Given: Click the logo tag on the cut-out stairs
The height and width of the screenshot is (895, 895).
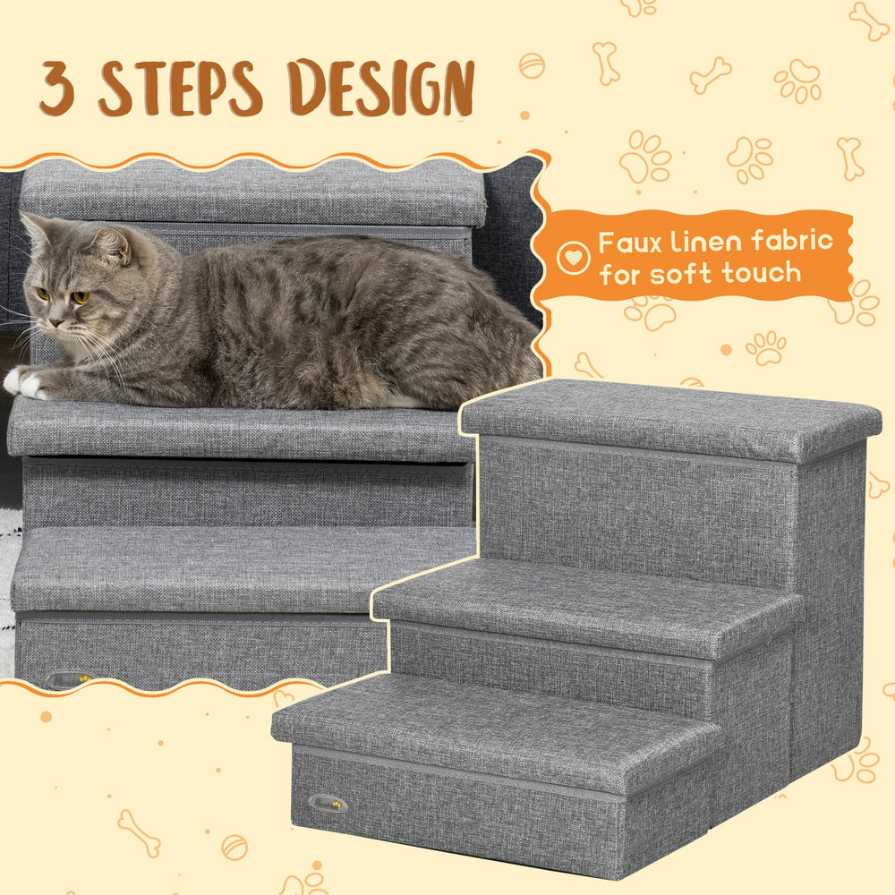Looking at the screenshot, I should [328, 803].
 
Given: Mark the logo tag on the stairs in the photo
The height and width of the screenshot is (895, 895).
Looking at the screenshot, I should [66, 678].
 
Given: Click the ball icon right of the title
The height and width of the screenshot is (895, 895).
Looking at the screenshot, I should [531, 65].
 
